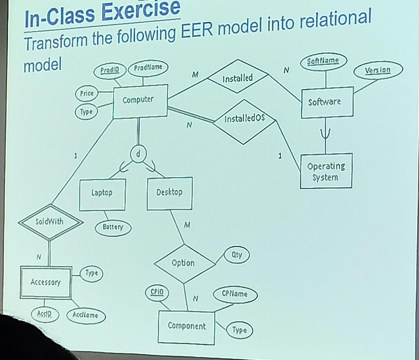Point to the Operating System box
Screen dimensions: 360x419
pos(326,171)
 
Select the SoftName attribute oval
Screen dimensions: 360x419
pos(323,61)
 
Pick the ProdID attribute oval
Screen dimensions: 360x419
pos(110,70)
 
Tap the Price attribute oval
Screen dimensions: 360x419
pos(87,93)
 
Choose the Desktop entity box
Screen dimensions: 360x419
pos(169,193)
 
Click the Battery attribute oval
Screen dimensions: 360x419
pos(113,227)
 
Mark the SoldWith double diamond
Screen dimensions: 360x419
pos(50,222)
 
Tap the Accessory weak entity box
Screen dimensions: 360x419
pos(46,282)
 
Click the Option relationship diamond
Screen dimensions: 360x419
pos(183,263)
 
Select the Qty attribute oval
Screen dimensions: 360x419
pos(237,255)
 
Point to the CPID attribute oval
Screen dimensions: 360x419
pos(157,292)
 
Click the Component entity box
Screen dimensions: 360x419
pos(186,326)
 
